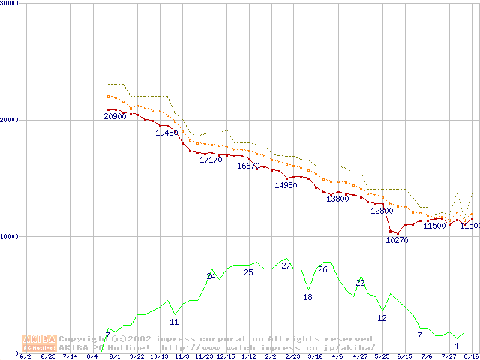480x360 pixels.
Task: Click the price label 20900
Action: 115,116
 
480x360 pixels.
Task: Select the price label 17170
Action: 211,160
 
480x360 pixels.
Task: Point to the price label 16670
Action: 248,166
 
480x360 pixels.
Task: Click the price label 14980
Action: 286,185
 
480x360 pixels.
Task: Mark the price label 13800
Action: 337,199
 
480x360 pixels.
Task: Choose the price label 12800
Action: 382,211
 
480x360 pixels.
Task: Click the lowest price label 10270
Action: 397,240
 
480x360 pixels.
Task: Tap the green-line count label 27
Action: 286,266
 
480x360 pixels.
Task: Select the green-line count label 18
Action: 307,297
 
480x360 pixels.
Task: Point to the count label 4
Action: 456,346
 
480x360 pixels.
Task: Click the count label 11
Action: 174,322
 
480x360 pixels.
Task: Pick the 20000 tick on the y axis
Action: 10,120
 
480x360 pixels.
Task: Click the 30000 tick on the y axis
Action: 10,4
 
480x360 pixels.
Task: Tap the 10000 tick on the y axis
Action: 10,236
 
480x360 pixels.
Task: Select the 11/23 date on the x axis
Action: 203,356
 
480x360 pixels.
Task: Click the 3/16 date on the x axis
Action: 315,356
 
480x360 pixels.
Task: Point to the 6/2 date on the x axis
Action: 25,356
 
